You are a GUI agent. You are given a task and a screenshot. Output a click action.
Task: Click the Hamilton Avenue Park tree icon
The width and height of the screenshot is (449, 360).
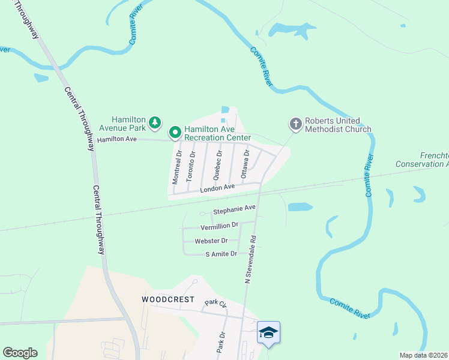155,123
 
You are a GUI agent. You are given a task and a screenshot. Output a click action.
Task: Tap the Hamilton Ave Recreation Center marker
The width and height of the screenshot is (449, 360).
175,131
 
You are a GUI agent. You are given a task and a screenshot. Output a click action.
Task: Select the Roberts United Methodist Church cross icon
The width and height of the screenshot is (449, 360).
295,124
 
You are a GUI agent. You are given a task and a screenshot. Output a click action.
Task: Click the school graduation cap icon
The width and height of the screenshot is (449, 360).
268,332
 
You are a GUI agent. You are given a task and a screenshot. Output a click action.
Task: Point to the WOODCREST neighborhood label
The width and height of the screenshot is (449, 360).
160,299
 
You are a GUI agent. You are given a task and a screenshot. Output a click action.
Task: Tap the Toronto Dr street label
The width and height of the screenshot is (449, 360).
192,158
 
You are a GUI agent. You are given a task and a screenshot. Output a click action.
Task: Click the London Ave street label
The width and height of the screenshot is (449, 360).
217,187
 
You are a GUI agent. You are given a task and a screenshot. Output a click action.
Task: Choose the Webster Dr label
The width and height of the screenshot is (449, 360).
211,241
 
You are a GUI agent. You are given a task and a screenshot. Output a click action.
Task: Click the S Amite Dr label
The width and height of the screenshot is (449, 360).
221,254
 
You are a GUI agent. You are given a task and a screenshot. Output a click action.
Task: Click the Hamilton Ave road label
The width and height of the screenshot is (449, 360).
118,139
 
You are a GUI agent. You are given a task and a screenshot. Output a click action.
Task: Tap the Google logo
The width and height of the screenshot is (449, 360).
20,353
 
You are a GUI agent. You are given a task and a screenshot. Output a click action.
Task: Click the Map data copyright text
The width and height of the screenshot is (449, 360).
424,355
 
